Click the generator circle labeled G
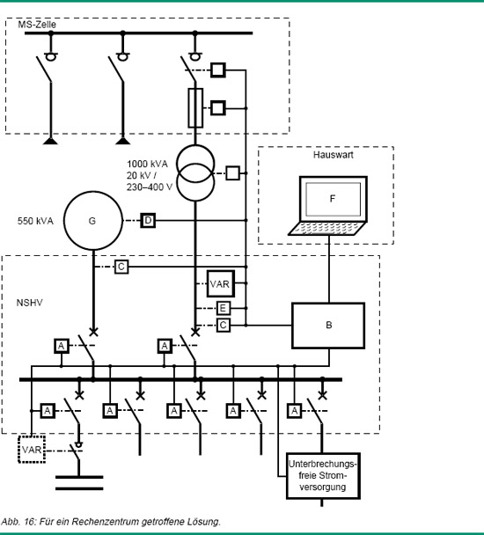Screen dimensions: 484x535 (64, 221)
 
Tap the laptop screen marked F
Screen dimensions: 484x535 (334, 199)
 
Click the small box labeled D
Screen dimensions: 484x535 (148, 220)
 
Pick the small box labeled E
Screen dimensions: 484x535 (224, 309)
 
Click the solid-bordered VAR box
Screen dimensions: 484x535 (221, 284)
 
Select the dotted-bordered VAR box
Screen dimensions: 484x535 (32, 450)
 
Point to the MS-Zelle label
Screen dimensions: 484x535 (37, 25)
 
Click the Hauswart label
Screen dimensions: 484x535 (334, 155)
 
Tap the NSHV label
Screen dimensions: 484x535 (30, 303)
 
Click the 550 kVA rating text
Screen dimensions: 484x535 (35, 221)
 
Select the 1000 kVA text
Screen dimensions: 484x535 (148, 165)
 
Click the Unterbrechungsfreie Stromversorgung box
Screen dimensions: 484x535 (323, 476)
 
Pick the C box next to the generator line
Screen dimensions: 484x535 (121, 267)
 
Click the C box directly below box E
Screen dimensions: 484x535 (224, 326)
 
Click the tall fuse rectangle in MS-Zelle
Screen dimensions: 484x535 (195, 108)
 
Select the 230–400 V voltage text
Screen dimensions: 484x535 (150, 187)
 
